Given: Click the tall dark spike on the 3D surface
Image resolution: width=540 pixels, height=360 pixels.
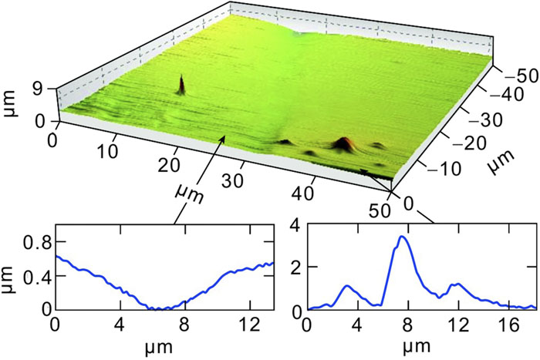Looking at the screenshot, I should tap(182, 83).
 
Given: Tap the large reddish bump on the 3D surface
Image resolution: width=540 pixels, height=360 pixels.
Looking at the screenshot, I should tap(342, 143).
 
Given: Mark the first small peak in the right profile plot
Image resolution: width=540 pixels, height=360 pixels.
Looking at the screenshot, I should tap(349, 286).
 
